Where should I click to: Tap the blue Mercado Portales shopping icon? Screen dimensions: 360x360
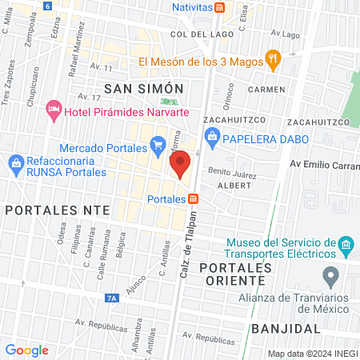coord(158,147)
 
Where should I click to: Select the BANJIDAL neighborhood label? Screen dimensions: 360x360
coord(286,329)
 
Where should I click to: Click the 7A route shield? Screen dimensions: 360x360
coord(111,298)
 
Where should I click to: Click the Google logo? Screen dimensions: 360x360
coord(26,350)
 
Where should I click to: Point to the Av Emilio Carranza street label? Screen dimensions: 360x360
coord(324,164)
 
